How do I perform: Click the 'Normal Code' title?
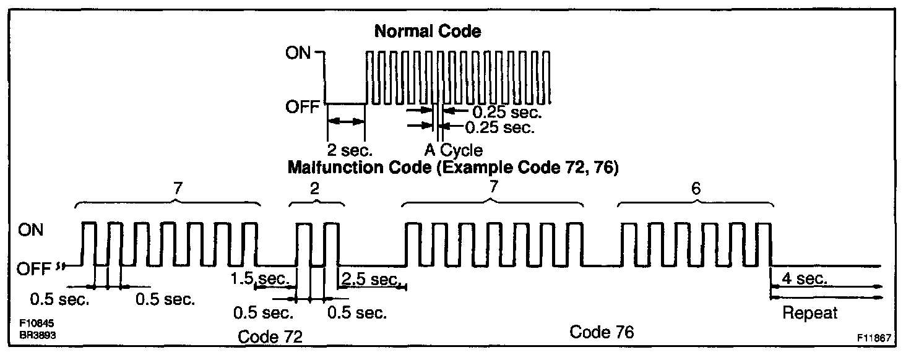[x=427, y=32]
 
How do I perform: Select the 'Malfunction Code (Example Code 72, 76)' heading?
[x=454, y=168]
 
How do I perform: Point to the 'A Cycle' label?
[x=453, y=150]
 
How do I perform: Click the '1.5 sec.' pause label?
[x=259, y=279]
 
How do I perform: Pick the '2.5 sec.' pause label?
[x=369, y=280]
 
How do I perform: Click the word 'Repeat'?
[x=810, y=312]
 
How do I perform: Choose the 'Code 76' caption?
[x=602, y=332]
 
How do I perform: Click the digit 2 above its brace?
[x=315, y=189]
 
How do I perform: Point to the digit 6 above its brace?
[x=695, y=189]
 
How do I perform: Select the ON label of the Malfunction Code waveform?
[x=31, y=230]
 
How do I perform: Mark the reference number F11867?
[x=874, y=338]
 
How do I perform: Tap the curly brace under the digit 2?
[x=316, y=203]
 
